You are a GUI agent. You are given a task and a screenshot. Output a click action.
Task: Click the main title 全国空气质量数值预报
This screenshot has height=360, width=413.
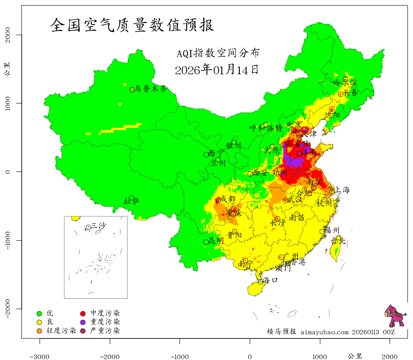(x=132, y=25)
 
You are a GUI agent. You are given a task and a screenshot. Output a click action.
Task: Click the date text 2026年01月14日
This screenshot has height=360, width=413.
(x=216, y=70)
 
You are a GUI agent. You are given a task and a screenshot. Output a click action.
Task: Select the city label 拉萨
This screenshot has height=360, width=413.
(x=132, y=201)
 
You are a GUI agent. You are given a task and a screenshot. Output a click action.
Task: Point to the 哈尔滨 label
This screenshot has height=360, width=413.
(x=344, y=82)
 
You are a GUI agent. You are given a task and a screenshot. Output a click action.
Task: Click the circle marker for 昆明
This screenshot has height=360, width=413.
(x=206, y=242)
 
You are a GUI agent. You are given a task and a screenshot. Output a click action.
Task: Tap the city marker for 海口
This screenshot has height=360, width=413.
(x=260, y=282)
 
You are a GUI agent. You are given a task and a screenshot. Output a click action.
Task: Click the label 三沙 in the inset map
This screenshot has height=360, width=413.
(x=98, y=226)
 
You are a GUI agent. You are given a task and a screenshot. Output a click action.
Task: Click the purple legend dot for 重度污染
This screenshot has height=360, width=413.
(x=83, y=322)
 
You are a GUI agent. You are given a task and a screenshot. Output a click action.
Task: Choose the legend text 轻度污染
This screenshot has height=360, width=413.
(x=61, y=331)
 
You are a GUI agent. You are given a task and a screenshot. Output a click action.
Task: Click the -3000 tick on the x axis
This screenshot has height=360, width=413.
(x=40, y=356)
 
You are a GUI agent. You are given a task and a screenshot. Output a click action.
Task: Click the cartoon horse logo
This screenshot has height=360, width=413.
(x=395, y=316)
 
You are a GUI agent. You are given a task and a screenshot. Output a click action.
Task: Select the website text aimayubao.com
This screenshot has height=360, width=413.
(x=324, y=332)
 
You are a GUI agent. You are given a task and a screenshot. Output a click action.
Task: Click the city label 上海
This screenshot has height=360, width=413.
(x=342, y=190)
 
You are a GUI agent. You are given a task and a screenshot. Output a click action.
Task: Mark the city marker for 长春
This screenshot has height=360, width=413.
(x=341, y=94)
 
